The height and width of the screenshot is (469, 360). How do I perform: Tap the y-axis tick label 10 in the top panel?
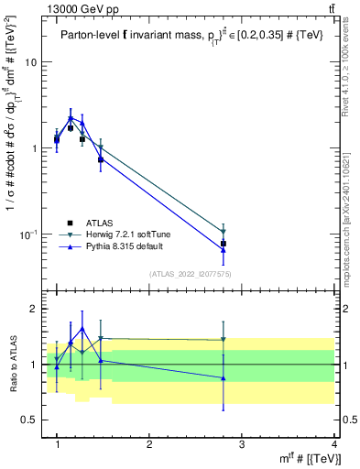(30, 62)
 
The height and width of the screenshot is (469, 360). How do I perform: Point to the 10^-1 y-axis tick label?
(27, 234)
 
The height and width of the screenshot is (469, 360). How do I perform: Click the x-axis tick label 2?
(149, 444)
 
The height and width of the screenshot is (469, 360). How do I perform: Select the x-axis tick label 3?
(242, 444)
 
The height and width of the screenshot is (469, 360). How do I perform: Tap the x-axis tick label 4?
(333, 444)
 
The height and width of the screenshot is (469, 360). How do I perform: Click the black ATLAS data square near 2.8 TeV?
(224, 244)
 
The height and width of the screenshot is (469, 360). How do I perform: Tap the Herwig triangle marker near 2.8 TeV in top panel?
(224, 232)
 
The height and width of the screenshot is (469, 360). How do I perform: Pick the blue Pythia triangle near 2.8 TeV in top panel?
(224, 248)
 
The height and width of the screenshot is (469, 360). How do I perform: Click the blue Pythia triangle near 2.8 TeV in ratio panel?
(224, 377)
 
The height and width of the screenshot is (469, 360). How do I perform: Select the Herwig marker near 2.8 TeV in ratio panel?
(224, 340)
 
